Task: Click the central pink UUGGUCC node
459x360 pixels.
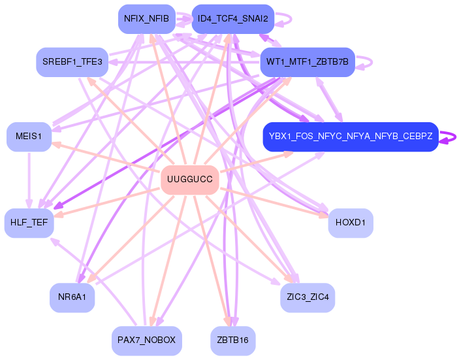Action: (189, 180)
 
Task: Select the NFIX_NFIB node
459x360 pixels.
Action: (146, 19)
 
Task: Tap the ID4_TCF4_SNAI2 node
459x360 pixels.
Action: (232, 19)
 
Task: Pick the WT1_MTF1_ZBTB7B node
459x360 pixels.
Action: (308, 62)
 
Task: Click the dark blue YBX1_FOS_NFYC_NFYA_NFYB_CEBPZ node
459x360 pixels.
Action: (349, 137)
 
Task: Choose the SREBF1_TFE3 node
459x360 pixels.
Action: (72, 62)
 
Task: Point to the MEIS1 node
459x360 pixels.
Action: (29, 137)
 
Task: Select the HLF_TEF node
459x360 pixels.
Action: (29, 223)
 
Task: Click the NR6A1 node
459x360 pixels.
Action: (72, 297)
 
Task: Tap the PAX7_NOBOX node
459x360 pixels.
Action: (146, 340)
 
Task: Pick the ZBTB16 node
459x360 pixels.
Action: (232, 340)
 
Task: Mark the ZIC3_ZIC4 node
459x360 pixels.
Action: (308, 297)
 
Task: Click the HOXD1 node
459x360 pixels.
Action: (351, 223)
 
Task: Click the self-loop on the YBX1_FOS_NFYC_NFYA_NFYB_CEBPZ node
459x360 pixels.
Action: (449, 137)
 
